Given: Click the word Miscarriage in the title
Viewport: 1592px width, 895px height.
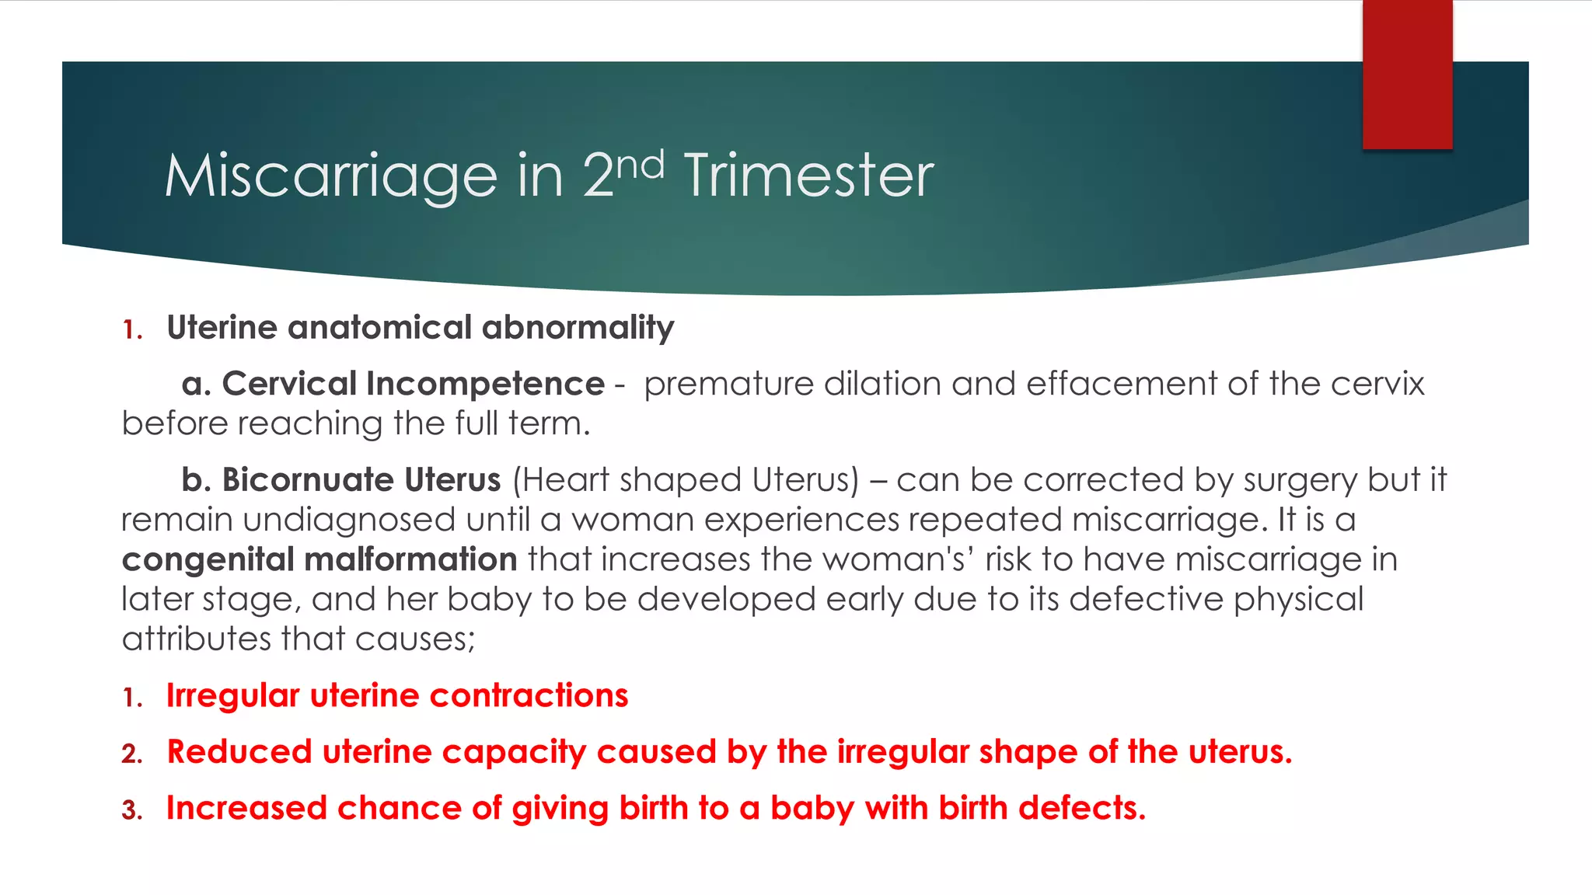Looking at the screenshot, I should pos(330,177).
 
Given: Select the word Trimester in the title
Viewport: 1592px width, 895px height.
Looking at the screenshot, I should pos(808,177).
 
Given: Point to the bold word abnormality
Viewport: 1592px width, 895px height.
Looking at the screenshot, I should pos(578,328).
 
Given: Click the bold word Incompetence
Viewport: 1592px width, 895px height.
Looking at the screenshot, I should pos(485,384).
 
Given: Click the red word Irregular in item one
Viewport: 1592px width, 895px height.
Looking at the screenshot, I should pos(233,696).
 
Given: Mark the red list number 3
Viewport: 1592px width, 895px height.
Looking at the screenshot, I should pos(131,811).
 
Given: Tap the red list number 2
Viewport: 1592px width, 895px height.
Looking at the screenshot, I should pos(131,754).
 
